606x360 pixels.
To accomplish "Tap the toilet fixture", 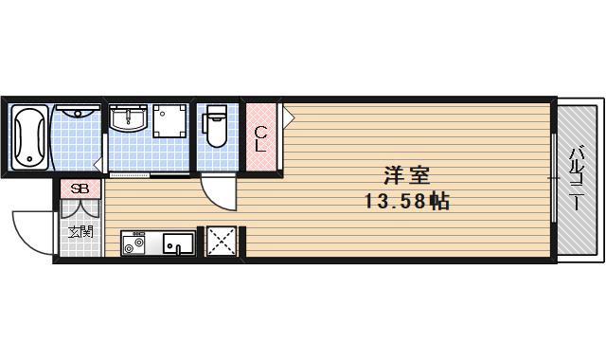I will click(x=214, y=128).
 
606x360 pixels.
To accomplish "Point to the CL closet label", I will click(x=260, y=137).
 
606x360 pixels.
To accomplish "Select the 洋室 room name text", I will click(x=407, y=176).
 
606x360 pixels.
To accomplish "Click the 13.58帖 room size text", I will click(x=407, y=201).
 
